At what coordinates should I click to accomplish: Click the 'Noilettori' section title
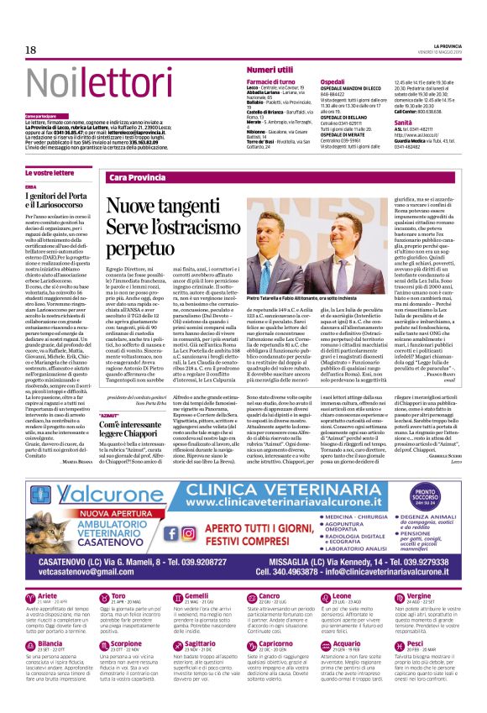82,82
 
